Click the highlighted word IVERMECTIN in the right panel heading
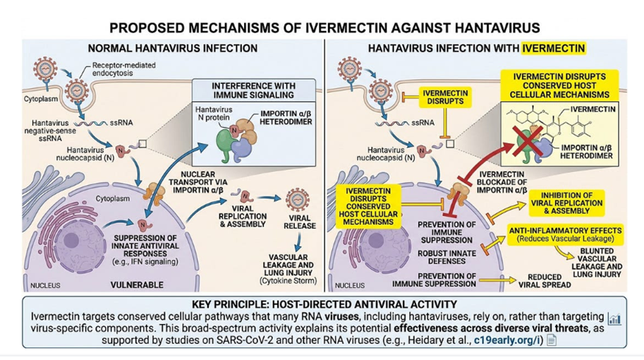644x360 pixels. tap(553, 49)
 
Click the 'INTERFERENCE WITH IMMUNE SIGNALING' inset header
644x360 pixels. tap(253, 90)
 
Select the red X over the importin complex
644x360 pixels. tap(526, 141)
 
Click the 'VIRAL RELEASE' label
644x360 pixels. tap(299, 222)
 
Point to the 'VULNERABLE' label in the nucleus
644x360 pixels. tap(137, 284)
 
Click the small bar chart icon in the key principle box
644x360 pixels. tap(614, 318)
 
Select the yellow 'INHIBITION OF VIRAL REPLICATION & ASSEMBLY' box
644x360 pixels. tap(566, 203)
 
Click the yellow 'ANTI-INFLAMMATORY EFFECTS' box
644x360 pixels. tap(566, 234)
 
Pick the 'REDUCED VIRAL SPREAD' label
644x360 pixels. tap(545, 281)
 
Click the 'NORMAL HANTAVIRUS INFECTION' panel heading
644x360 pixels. tap(173, 49)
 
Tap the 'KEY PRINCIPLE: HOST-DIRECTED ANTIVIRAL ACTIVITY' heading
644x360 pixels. tap(324, 304)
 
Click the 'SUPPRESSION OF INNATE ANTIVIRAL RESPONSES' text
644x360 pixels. tap(145, 249)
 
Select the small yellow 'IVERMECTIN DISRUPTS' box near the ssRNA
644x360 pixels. tap(445, 97)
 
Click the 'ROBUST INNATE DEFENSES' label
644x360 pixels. tap(447, 257)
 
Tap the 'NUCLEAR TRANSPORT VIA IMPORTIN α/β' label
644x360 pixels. tap(198, 182)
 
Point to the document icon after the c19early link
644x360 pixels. tap(552, 341)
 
